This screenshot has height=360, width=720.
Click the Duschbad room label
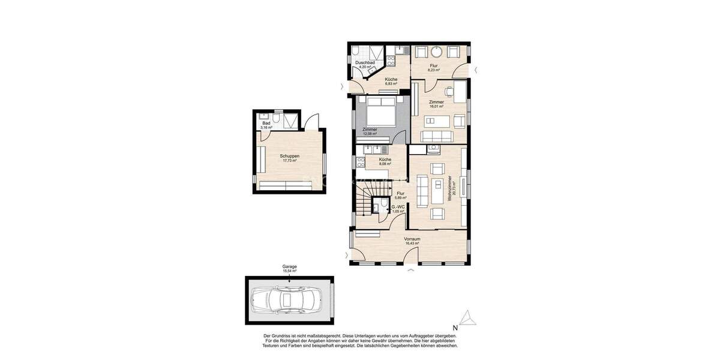click(x=365, y=62)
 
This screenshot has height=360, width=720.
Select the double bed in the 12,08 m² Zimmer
click(x=380, y=113)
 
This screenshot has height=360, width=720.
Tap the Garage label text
click(x=289, y=266)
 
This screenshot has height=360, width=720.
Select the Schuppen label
click(x=289, y=156)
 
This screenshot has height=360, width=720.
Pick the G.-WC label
click(x=398, y=207)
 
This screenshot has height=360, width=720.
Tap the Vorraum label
click(x=411, y=238)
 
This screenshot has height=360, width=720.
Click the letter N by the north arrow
click(x=455, y=328)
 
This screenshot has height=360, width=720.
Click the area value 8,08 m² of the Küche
click(x=385, y=164)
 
